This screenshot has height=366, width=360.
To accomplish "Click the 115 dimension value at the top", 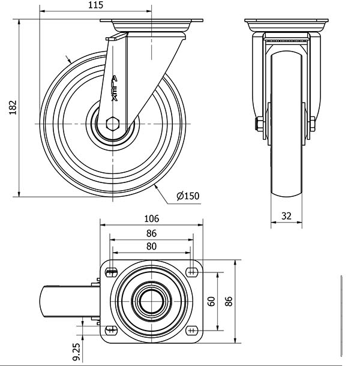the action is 96,5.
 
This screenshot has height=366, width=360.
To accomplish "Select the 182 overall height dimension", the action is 13,107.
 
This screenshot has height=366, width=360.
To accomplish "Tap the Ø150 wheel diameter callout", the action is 188,196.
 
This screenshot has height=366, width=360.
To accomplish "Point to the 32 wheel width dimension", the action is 286,216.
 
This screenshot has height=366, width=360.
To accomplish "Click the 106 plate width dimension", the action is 152,219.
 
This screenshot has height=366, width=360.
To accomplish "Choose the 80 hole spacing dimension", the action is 151,246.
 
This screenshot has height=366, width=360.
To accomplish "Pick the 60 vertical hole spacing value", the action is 211,301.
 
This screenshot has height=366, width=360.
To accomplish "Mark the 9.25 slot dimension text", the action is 76,352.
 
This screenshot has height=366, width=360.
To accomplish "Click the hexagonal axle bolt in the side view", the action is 113,124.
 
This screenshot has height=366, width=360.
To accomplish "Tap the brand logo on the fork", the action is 114,88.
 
